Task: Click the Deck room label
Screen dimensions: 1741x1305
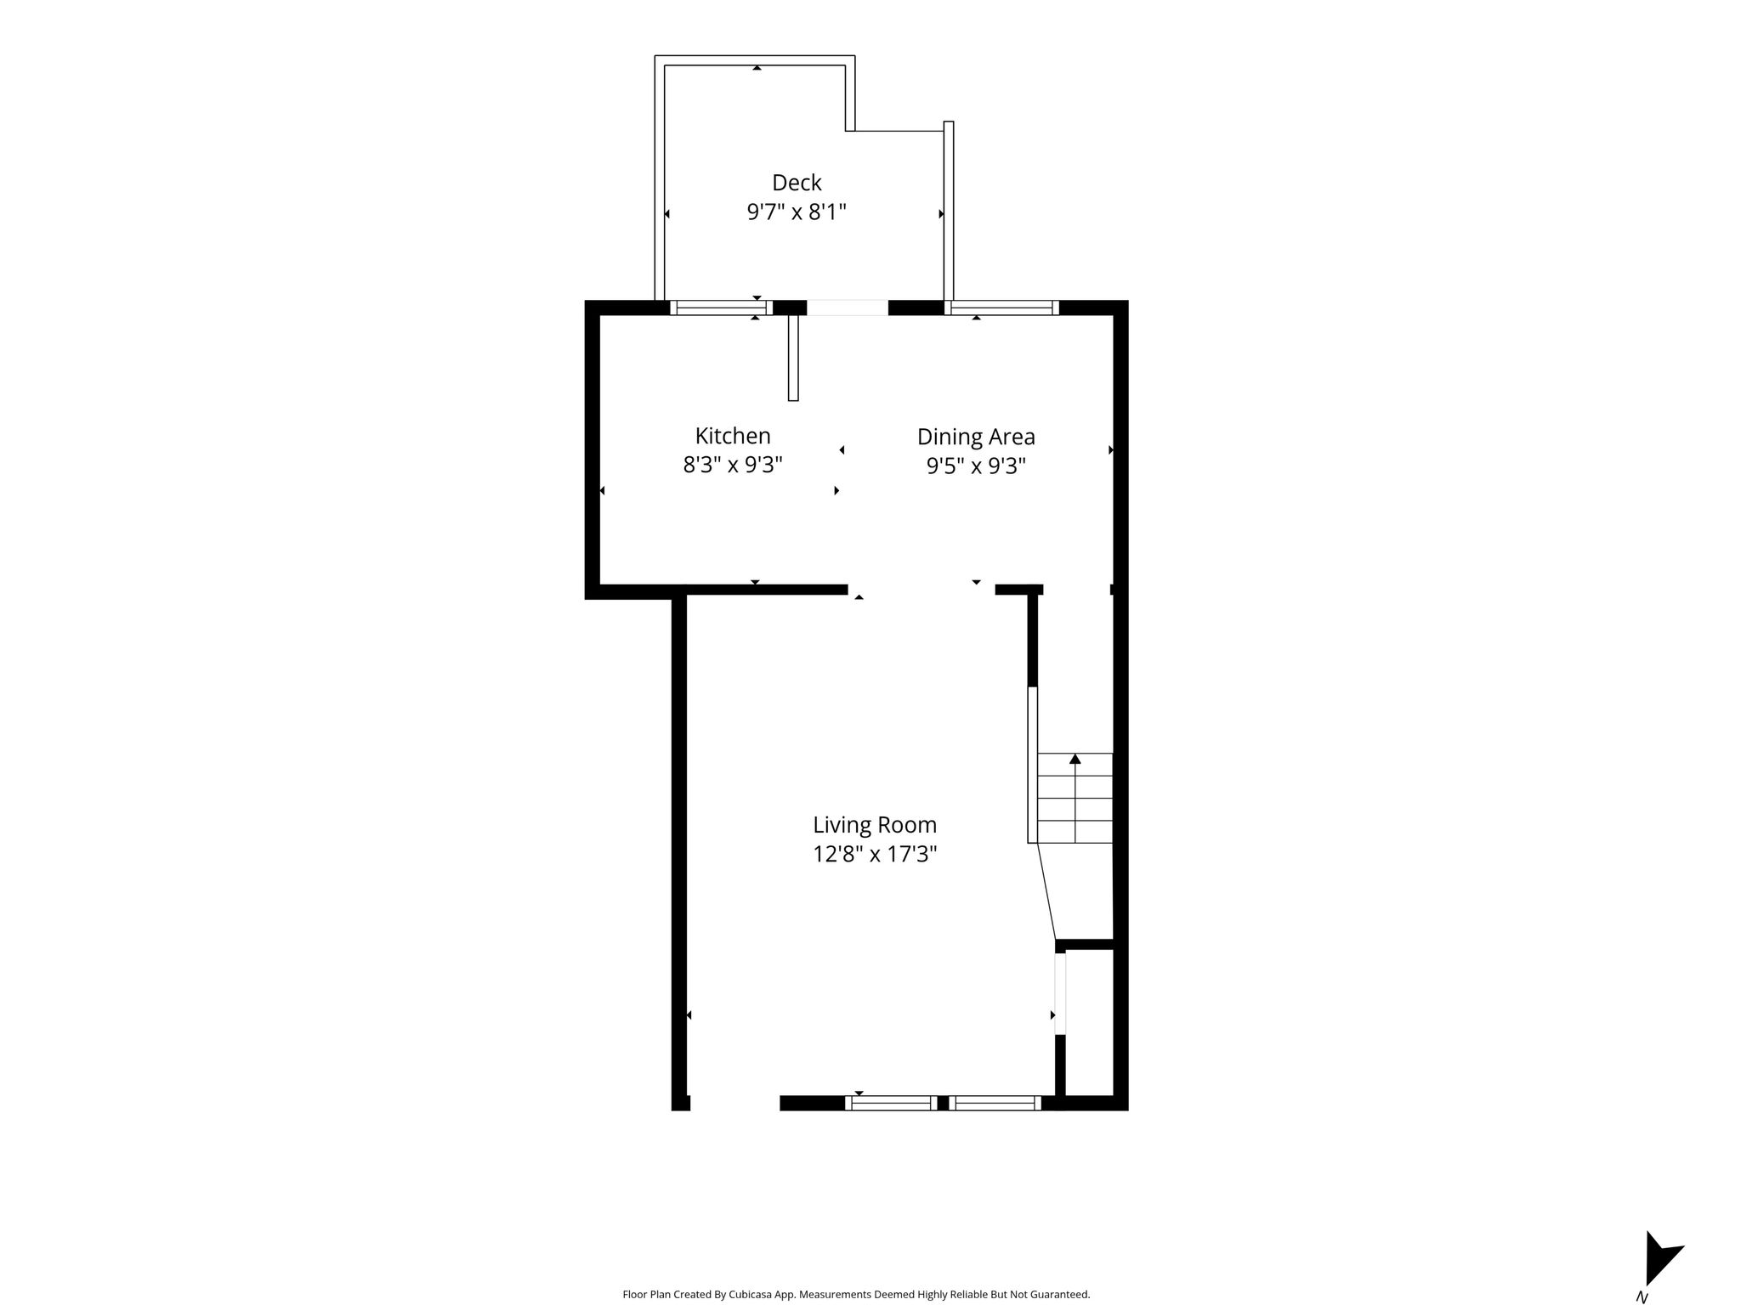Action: (797, 183)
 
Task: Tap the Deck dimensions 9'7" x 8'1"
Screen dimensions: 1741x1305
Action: (797, 212)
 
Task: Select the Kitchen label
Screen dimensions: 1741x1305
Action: (733, 436)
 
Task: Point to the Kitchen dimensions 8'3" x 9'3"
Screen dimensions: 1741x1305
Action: (733, 465)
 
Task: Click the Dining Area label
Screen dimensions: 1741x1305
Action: (976, 437)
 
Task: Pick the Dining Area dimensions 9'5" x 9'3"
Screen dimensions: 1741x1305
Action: (976, 466)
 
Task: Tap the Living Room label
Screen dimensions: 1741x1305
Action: (875, 825)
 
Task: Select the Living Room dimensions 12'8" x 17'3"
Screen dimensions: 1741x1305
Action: (875, 854)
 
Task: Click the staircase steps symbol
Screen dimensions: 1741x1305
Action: (1075, 798)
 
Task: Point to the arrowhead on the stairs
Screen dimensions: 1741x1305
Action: (1075, 758)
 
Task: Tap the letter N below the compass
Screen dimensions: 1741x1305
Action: (1642, 1297)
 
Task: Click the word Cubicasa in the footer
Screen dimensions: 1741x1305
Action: (749, 1295)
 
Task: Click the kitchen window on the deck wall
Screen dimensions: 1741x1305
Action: (721, 308)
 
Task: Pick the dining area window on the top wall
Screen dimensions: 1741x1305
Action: (1001, 308)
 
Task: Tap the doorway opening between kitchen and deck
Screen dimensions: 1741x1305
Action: (848, 308)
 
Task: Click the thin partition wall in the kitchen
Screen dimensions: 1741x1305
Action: (793, 358)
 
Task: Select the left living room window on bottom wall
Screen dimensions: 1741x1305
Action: (891, 1103)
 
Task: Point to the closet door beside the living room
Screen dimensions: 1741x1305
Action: (1060, 993)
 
